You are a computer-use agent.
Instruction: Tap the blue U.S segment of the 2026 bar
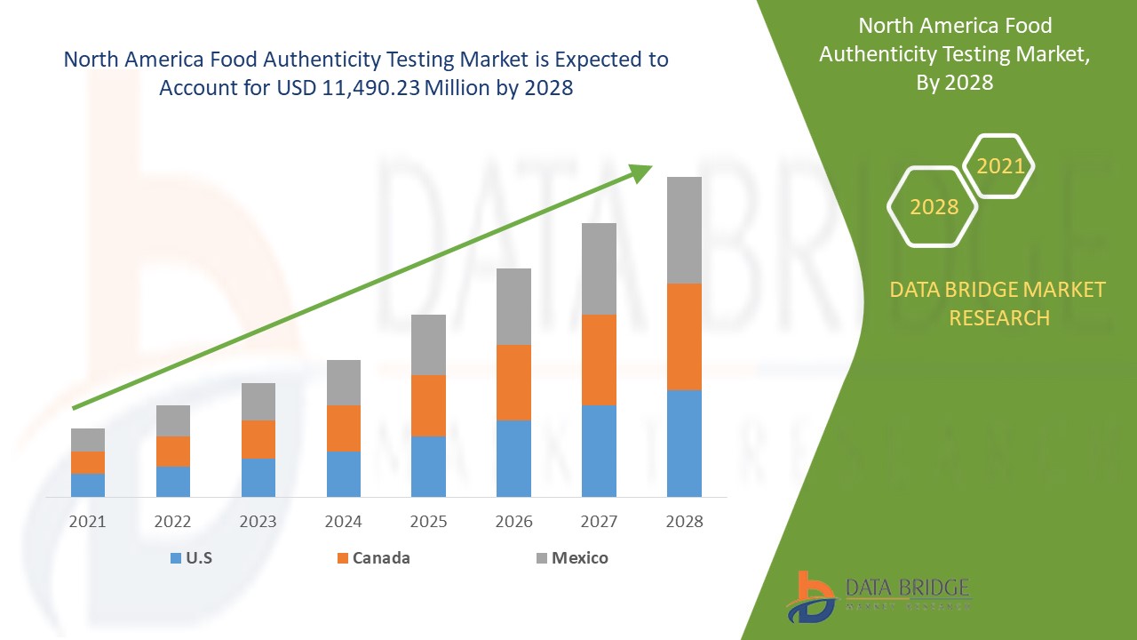point(513,458)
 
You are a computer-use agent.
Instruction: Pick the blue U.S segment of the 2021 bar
point(88,484)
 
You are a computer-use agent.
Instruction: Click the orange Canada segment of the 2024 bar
point(344,428)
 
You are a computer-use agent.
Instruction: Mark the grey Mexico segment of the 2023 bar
point(258,401)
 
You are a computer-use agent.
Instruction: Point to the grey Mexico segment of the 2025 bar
point(428,344)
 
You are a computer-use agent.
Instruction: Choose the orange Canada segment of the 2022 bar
point(173,451)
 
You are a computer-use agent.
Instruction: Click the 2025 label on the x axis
point(428,521)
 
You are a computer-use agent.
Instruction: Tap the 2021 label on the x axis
point(88,521)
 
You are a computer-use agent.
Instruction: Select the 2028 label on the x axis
point(684,521)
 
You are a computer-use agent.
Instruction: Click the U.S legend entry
point(190,558)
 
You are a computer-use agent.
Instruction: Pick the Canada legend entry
point(373,558)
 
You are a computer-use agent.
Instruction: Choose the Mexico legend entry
point(571,558)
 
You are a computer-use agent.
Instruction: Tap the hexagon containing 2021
point(999,166)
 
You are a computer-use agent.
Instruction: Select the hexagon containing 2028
point(933,207)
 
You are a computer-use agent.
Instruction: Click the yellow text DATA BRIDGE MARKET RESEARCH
point(998,303)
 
